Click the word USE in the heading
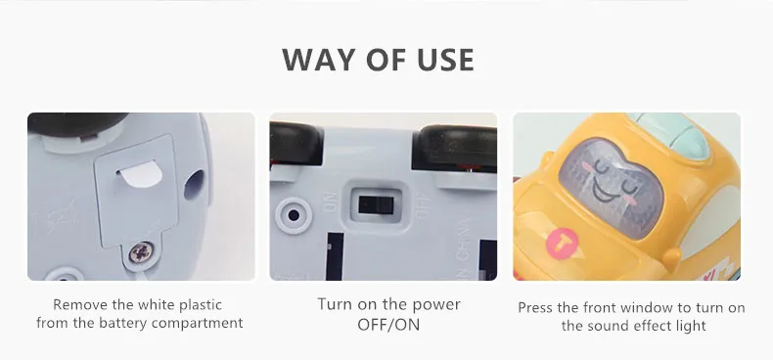pos(445,60)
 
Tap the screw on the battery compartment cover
pos(141,253)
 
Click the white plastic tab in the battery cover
pos(141,173)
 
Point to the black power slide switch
pos(376,205)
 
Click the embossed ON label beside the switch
pos(331,202)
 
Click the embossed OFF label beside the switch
pos(423,205)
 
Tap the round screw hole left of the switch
pos(294,215)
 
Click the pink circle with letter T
pos(562,244)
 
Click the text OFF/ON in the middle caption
pos(388,325)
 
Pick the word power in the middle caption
pos(434,305)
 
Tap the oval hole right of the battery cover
pos(194,185)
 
